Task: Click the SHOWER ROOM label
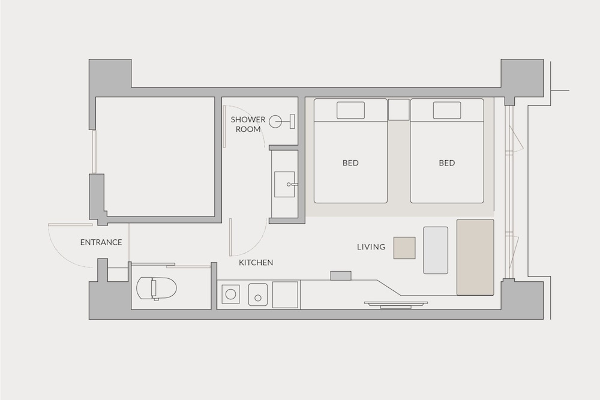248,124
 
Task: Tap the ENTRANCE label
101,242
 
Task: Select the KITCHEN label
256,262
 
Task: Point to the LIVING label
371,246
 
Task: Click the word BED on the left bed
350,163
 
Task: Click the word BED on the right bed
447,163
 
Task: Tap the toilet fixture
157,288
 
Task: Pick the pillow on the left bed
350,110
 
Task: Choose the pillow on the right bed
447,110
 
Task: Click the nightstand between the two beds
399,109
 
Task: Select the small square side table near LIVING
404,248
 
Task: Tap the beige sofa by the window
475,257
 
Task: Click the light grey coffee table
436,250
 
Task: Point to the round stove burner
231,294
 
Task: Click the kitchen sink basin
258,294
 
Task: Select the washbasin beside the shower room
284,184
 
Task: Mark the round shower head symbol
275,122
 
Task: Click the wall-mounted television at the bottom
395,305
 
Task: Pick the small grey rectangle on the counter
341,276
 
